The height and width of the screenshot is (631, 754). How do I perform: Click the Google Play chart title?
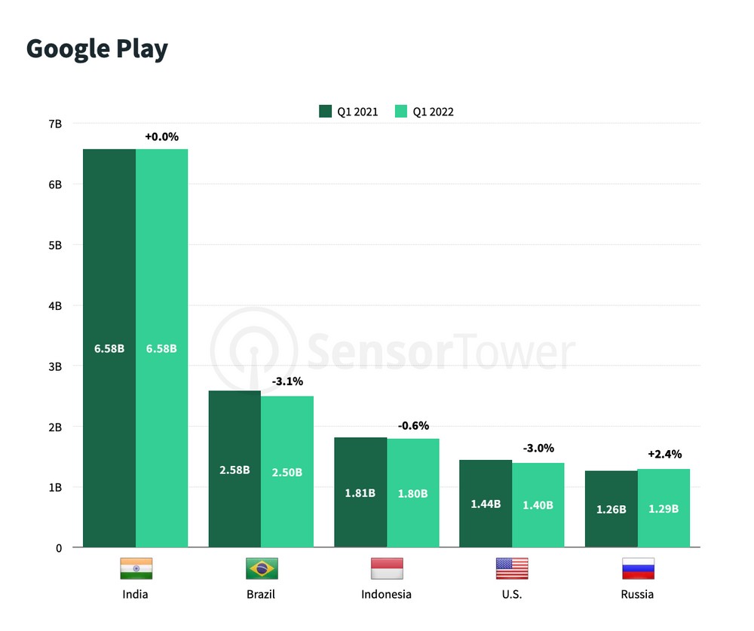coord(97,49)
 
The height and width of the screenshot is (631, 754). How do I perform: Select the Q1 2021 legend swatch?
coord(325,111)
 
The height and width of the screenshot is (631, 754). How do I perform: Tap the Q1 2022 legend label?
coord(434,112)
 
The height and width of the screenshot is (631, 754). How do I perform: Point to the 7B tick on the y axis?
coord(55,124)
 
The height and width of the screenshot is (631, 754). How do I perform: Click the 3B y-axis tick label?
coord(55,367)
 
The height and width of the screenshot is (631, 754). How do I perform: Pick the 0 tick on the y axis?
coord(59,548)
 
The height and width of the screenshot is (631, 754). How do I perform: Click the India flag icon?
coord(136,568)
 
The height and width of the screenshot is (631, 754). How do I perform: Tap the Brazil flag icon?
coord(262,568)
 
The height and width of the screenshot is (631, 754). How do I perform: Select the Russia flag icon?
coord(638,568)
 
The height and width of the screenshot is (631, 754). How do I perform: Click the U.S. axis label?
coord(512,595)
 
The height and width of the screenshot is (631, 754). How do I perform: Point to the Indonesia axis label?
coord(386,595)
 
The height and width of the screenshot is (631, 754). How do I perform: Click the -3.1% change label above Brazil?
coord(287,381)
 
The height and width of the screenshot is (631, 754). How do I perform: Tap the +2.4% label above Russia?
coord(664,454)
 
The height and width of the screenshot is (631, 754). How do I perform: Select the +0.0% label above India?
coord(161,136)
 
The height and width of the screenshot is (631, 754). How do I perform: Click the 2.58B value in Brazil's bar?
coord(234,470)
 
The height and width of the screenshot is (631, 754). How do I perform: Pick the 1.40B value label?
coord(538,505)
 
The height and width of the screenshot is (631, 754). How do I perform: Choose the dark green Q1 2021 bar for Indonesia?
coord(360,492)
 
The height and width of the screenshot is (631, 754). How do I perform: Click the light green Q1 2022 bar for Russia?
coord(664,508)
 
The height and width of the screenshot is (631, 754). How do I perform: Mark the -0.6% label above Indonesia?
coord(413,426)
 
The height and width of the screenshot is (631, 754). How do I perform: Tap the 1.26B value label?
coord(611,510)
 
